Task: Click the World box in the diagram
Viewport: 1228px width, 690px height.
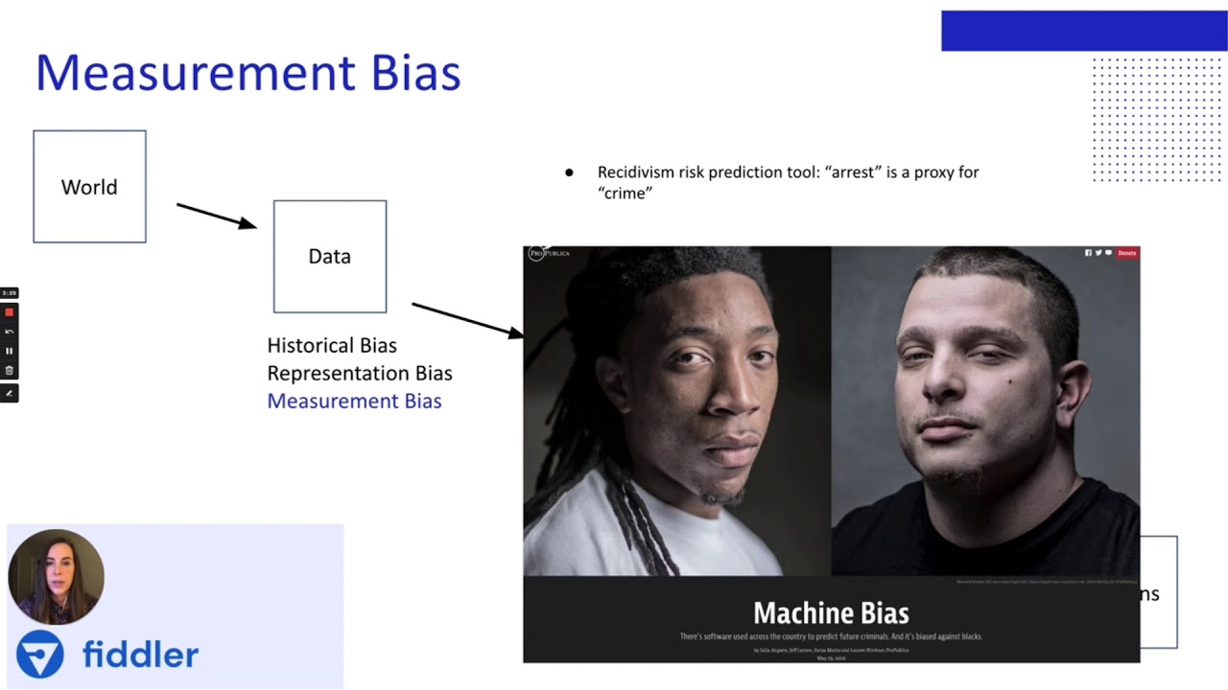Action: (89, 187)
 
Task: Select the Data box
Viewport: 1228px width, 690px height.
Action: (329, 256)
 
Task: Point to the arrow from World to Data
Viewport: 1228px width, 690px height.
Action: (216, 216)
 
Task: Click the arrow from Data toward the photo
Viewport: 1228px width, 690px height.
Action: (467, 319)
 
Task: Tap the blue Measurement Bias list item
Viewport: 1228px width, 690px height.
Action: (354, 401)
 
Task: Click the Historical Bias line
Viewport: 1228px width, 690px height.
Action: (331, 345)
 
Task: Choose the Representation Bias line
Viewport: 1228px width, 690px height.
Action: (359, 373)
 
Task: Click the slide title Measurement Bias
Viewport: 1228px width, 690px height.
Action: (248, 74)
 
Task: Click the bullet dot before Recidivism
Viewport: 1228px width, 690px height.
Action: (569, 173)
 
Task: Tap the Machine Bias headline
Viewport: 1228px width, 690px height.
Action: (830, 612)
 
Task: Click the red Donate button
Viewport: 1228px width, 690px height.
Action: (1127, 253)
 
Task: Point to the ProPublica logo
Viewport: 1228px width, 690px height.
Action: (549, 253)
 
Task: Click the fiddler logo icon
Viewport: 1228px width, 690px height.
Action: (40, 655)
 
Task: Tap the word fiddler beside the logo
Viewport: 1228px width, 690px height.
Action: (140, 655)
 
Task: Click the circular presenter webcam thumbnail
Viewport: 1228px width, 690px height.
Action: (56, 577)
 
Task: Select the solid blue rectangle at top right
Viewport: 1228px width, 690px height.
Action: (1083, 31)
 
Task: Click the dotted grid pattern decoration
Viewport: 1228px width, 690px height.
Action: (1156, 119)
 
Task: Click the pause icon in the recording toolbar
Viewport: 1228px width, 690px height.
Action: (10, 351)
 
